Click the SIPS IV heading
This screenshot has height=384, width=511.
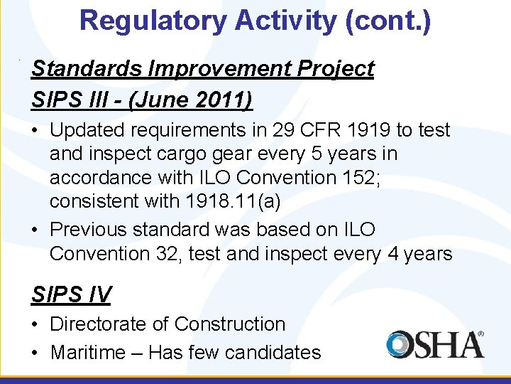[70, 293]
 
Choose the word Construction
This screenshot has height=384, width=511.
[230, 324]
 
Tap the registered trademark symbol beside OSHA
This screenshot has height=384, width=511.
[480, 334]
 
